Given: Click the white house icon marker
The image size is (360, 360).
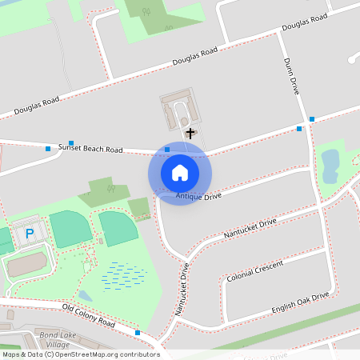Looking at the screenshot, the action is coord(180,173).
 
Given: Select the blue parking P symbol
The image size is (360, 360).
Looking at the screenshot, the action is coord(30,234).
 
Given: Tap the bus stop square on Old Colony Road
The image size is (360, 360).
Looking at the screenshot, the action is coord(138,333).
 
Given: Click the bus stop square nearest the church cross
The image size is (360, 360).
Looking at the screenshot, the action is coord(167,149).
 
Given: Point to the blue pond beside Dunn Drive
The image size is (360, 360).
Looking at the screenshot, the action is coord(329,165).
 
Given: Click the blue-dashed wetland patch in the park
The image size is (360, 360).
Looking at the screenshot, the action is coord(124,274).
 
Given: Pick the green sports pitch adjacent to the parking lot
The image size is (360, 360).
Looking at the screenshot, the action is coord(70,230).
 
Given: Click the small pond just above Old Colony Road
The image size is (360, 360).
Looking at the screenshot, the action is coord(85,295).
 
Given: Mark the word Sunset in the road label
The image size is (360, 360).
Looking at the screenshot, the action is coord(70,146).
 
